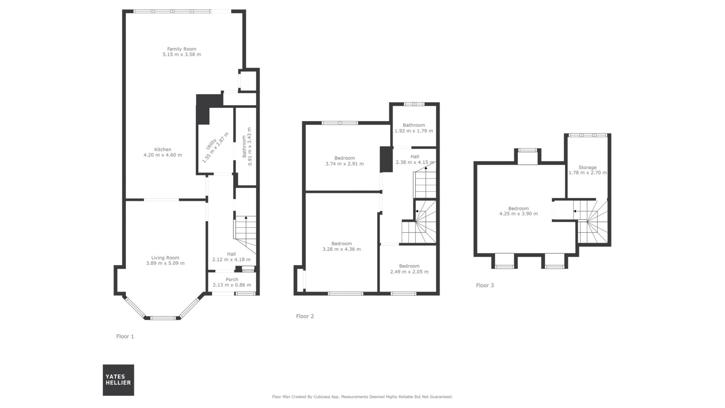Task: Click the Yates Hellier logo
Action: [118, 380]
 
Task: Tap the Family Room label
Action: [182, 49]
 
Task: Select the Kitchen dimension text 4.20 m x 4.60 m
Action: [163, 155]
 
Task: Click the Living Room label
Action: [165, 258]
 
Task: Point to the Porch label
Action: [232, 280]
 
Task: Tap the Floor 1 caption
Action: [125, 336]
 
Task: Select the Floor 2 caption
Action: [305, 316]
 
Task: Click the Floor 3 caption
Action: [485, 285]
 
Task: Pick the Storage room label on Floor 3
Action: [588, 167]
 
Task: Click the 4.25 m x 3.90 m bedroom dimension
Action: [518, 214]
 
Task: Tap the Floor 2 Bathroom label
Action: [414, 125]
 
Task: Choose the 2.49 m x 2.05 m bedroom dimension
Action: [409, 272]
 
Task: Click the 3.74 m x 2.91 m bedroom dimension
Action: [344, 164]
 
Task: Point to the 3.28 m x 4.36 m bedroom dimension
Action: [342, 249]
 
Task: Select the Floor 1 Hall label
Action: [231, 254]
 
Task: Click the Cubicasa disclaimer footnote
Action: [362, 397]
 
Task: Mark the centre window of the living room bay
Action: [163, 318]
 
